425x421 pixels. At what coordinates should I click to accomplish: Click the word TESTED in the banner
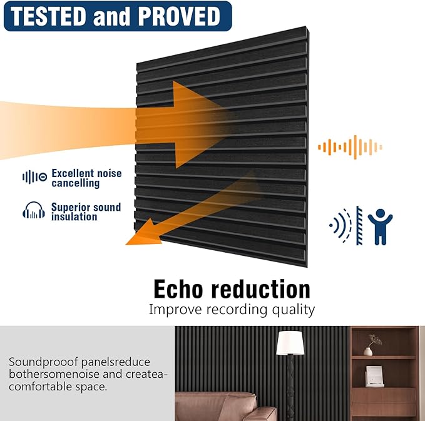[49, 16]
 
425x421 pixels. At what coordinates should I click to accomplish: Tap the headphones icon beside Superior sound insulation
[34, 211]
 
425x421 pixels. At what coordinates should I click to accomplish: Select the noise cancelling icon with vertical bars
[34, 178]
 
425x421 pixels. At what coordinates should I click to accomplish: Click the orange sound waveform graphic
[350, 148]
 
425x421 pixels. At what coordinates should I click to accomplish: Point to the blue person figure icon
[380, 226]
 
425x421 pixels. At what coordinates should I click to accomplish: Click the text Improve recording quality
[232, 310]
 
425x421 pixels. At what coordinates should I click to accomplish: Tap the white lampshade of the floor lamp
[290, 343]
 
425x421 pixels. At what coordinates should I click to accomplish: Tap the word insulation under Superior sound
[74, 217]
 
